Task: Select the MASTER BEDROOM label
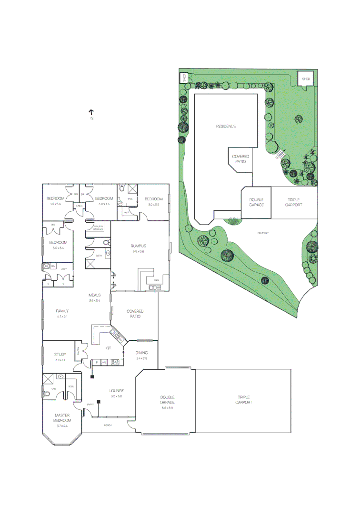click(x=63, y=418)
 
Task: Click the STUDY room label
click(x=60, y=354)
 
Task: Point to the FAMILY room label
click(x=62, y=311)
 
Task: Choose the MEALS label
click(x=94, y=295)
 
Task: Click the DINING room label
click(x=141, y=353)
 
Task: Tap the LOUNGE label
click(x=116, y=390)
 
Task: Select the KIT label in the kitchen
click(x=108, y=348)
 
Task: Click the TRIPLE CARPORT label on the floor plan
click(x=243, y=400)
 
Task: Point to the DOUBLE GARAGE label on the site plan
click(x=256, y=202)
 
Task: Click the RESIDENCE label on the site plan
click(x=226, y=126)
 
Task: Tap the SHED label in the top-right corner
click(x=306, y=79)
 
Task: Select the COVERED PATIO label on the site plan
click(x=240, y=159)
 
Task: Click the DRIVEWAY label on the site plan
click(x=264, y=233)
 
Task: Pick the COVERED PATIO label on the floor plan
click(x=135, y=314)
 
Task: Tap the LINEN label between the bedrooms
click(x=80, y=206)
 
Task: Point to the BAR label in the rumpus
click(x=156, y=287)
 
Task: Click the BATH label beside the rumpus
click(x=99, y=256)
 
